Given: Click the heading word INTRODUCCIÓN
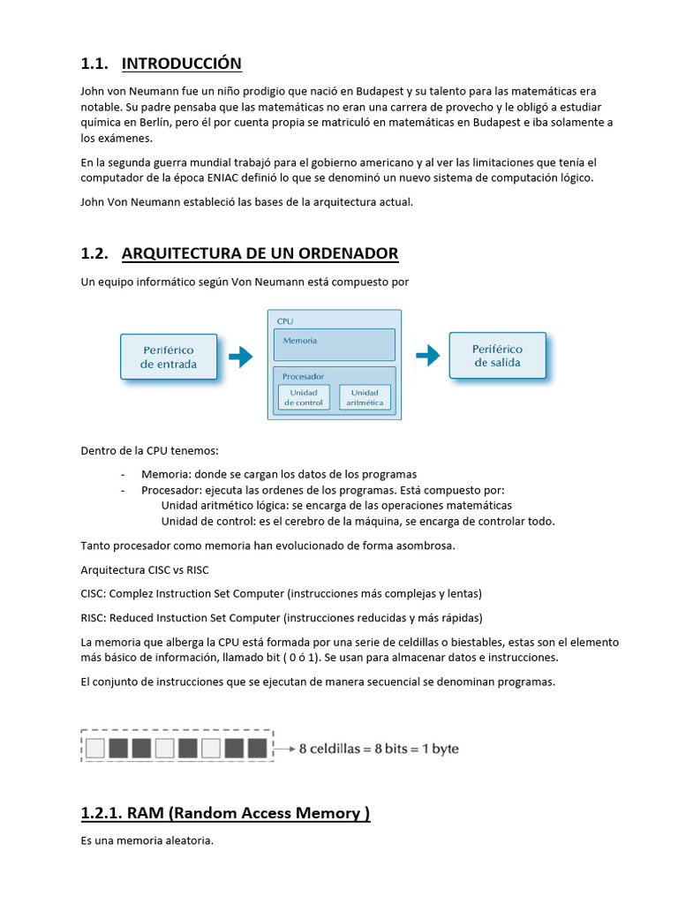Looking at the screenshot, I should click(181, 64).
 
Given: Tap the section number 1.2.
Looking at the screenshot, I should click(94, 254).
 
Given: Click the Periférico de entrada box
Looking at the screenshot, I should click(169, 357).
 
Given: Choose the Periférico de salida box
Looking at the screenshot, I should click(497, 356).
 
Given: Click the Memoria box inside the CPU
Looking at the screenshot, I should click(335, 343).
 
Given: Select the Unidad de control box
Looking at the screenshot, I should click(304, 397).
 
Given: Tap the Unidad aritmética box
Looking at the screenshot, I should click(365, 397).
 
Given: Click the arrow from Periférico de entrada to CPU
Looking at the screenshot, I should click(240, 357).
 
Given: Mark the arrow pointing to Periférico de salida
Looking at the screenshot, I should click(427, 356).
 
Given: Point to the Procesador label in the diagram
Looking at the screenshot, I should click(303, 376).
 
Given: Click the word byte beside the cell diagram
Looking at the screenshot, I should click(445, 749).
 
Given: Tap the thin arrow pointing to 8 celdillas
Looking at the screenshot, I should click(284, 749).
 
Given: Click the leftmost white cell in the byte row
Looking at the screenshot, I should click(95, 750).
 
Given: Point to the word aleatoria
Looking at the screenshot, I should click(185, 841).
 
